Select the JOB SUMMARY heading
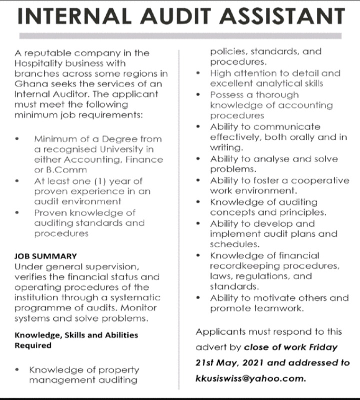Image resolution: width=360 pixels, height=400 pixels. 45,256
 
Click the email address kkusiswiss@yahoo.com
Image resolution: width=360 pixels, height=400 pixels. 250,378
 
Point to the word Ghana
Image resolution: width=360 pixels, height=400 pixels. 30,84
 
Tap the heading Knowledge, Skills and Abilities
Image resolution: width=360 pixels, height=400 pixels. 76,335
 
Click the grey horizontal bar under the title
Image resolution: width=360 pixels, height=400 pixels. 180,36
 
